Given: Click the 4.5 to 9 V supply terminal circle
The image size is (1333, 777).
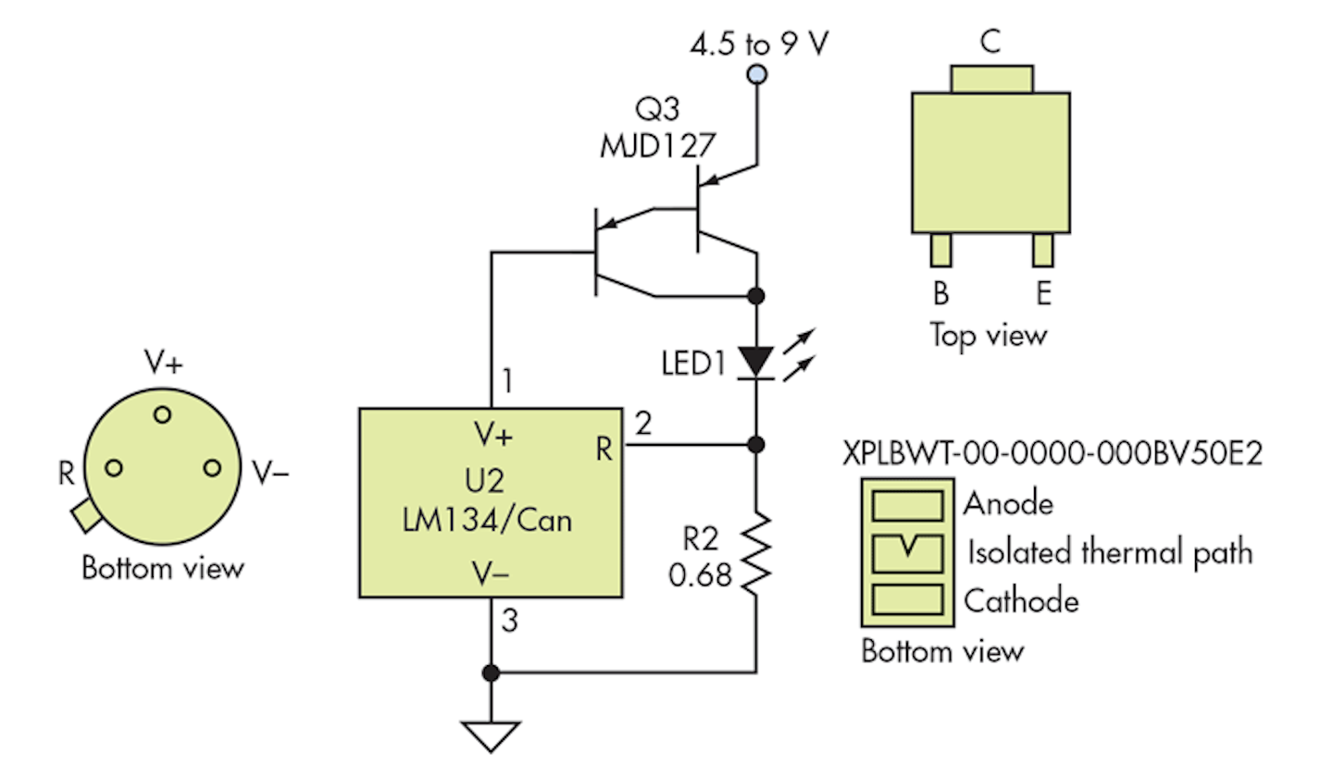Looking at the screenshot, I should coord(757,74).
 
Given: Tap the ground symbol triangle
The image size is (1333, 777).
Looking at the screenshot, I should coord(491,734).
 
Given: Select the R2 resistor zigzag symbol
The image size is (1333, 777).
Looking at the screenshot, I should coord(757,553).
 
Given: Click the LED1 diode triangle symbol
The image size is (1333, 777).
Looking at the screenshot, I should coord(757,362).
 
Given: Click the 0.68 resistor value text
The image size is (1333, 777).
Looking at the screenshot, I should coord(700,575).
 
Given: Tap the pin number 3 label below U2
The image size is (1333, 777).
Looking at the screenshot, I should coord(508,621).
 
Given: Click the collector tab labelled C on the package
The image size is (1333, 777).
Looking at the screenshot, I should coord(990,79).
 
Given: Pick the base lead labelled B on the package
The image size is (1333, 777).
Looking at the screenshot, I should coord(941,250).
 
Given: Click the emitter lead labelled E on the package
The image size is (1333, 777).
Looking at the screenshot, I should coord(1043,250).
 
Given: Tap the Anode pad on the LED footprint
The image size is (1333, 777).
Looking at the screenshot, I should coord(908,505).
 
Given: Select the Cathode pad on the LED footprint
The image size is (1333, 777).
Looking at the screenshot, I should coord(908,599).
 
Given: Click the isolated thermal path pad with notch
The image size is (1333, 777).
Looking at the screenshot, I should coord(908,552).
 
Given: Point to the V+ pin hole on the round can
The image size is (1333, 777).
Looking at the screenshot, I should coord(163,414).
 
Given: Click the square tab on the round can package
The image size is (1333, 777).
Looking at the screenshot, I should coord(84,514).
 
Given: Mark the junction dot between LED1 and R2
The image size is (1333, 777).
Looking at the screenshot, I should coord(757,445).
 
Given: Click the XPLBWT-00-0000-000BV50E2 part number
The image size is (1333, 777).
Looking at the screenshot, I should coord(1053,455).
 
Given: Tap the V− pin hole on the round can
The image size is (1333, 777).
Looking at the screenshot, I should coord(212,468).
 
